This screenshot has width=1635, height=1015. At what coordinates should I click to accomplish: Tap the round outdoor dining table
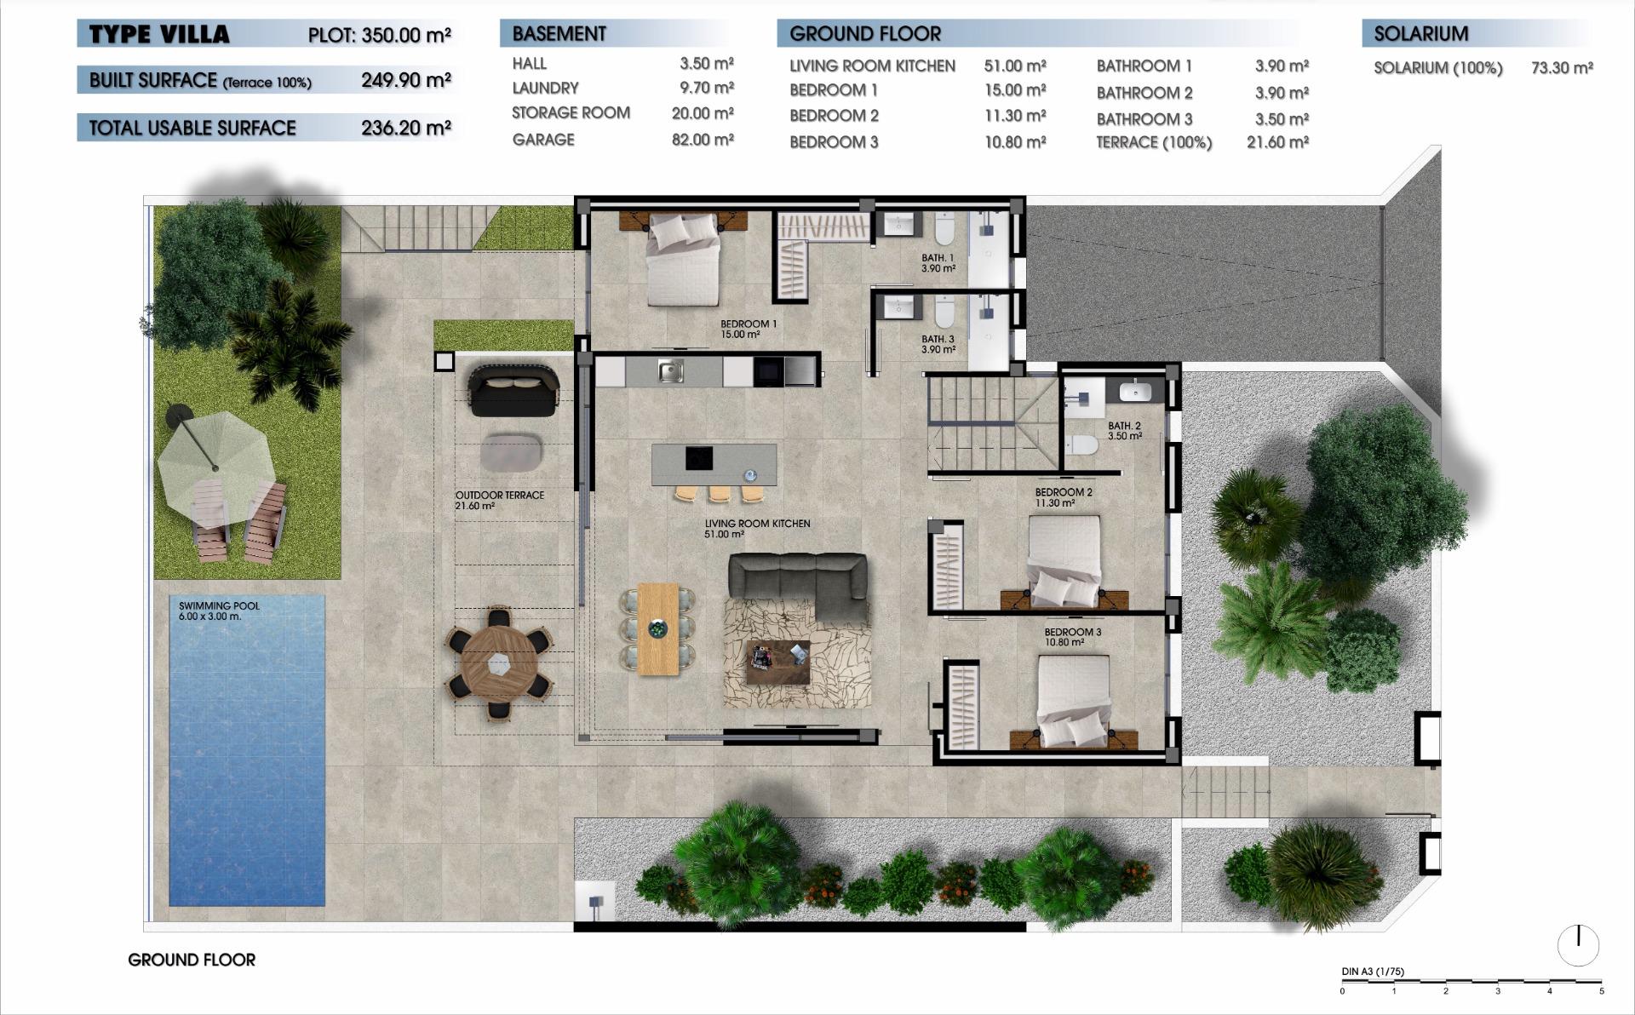click(x=499, y=663)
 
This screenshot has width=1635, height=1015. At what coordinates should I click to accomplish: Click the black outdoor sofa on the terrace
click(x=513, y=390)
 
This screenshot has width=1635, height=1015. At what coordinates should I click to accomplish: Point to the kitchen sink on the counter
click(x=670, y=371)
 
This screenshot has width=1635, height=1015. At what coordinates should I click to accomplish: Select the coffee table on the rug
click(x=777, y=662)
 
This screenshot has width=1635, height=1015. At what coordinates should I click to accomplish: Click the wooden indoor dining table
click(x=657, y=628)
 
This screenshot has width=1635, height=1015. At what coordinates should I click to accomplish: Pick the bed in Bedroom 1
click(x=683, y=259)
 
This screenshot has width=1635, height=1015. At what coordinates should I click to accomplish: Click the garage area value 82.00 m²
click(x=703, y=140)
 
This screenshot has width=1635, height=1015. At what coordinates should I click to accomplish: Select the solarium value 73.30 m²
click(x=1562, y=68)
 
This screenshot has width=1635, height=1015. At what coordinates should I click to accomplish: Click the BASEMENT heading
click(x=559, y=34)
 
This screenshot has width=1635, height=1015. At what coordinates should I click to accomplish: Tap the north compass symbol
click(x=1578, y=944)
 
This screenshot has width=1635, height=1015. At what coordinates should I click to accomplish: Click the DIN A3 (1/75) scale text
click(x=1372, y=971)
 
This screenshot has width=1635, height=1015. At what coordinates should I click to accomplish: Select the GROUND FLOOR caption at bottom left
click(x=192, y=960)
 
